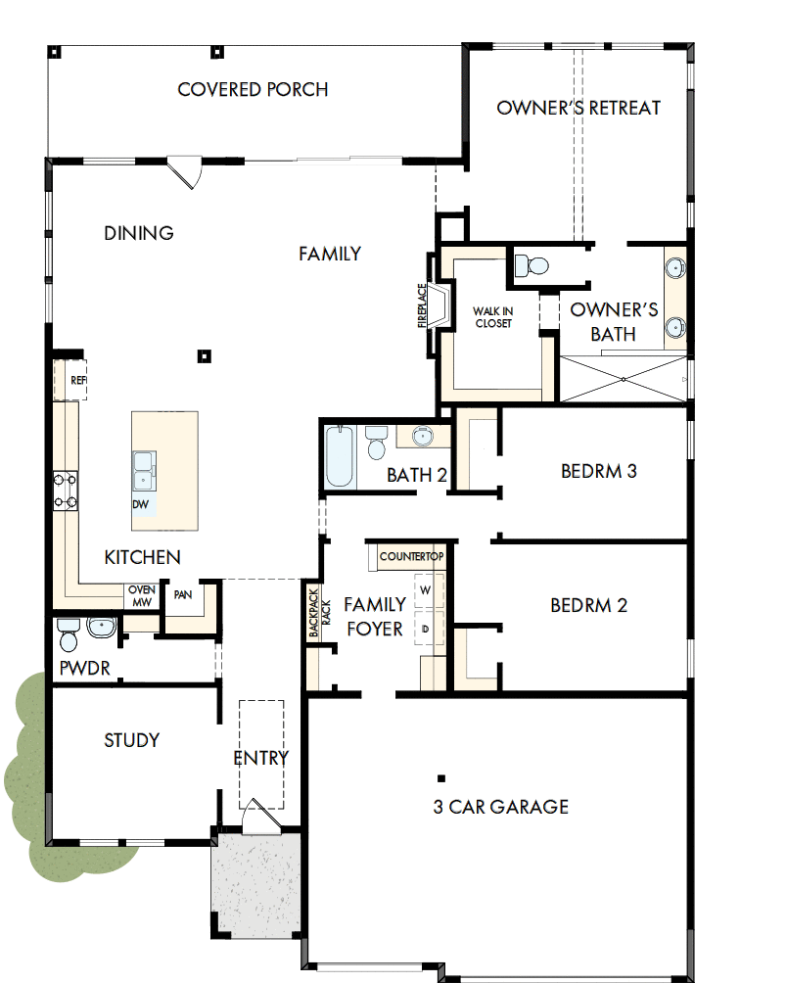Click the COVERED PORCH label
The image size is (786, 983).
pyautogui.click(x=253, y=90)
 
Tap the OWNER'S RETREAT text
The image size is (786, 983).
pyautogui.click(x=578, y=108)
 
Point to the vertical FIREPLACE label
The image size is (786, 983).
pyautogui.click(x=423, y=306)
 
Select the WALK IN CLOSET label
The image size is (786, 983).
pyautogui.click(x=493, y=317)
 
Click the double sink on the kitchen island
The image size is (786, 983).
pyautogui.click(x=143, y=468)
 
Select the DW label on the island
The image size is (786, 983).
pyautogui.click(x=142, y=504)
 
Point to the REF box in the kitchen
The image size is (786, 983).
pyautogui.click(x=77, y=380)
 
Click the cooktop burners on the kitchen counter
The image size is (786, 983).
pyautogui.click(x=66, y=491)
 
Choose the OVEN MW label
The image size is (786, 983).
pyautogui.click(x=142, y=596)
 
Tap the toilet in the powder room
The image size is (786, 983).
pyautogui.click(x=68, y=635)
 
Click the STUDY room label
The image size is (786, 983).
pyautogui.click(x=131, y=740)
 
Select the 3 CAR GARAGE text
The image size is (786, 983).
pyautogui.click(x=500, y=807)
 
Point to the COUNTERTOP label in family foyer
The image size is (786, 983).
pyautogui.click(x=411, y=557)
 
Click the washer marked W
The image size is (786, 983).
pyautogui.click(x=426, y=591)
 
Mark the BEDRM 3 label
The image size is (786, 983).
pyautogui.click(x=598, y=471)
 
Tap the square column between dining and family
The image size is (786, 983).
pyautogui.click(x=203, y=356)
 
